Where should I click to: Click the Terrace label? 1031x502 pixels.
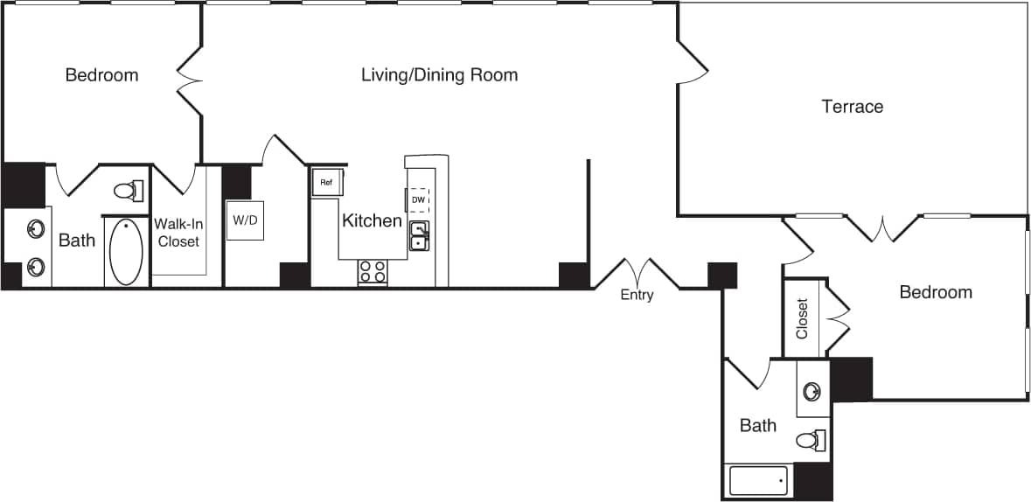point(852,107)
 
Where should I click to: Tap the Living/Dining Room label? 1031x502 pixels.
point(439,75)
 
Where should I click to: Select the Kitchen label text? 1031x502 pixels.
point(372,220)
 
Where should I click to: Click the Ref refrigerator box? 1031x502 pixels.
point(327,182)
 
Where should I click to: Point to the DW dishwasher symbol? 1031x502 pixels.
point(418,200)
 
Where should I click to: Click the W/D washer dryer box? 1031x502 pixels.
point(245,220)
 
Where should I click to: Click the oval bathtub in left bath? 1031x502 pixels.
point(126,252)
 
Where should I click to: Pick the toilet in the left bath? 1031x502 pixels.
point(129,190)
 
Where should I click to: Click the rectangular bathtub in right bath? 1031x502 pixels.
point(758,481)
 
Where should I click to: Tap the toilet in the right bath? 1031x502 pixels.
point(812,440)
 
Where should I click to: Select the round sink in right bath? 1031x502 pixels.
point(812,391)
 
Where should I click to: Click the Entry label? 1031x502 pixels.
point(637,296)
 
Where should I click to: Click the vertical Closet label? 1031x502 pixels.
point(803,319)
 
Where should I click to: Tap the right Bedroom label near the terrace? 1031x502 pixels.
point(935,292)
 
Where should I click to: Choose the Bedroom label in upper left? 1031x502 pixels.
point(101,75)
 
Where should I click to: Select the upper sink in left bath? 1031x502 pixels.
point(36,230)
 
